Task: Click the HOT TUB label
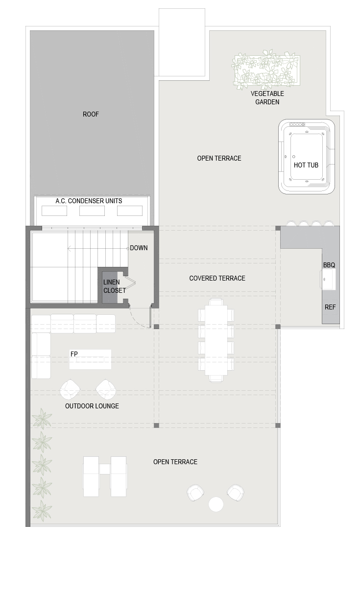(x=306, y=165)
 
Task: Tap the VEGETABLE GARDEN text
(x=267, y=97)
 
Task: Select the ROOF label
(x=91, y=114)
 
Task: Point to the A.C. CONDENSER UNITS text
(x=89, y=201)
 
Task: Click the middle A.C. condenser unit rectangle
(x=92, y=211)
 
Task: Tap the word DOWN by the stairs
(x=139, y=248)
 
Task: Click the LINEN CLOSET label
(x=114, y=286)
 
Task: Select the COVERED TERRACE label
(x=217, y=278)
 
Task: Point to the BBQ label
(x=329, y=265)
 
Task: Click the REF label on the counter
(x=330, y=307)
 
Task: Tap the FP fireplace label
(x=74, y=354)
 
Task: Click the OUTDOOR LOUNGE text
(x=92, y=406)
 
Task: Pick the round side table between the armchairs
(x=216, y=504)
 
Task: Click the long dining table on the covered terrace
(x=216, y=340)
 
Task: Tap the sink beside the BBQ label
(x=328, y=280)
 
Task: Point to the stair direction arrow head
(x=69, y=249)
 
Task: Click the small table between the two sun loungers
(x=105, y=469)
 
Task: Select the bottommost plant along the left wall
(x=42, y=511)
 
